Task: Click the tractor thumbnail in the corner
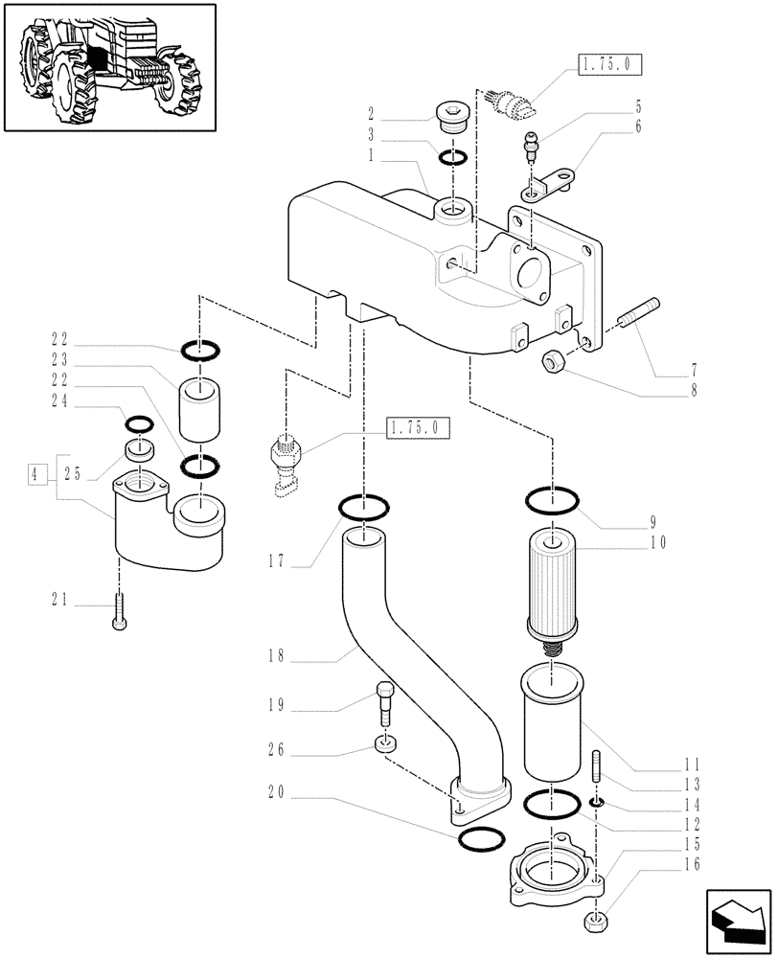[108, 66]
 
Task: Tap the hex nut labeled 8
[552, 361]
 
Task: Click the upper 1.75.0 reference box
[609, 65]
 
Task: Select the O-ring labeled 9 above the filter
[553, 499]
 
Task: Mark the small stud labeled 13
[596, 768]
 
